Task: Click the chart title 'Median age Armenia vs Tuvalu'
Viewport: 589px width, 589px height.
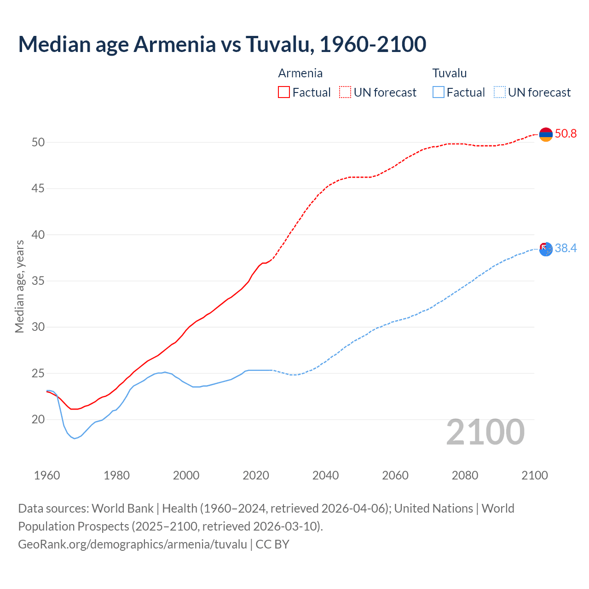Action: coord(222,44)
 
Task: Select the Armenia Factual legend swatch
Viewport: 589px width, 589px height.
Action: coord(284,92)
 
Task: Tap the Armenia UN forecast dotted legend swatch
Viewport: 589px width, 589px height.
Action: coord(345,92)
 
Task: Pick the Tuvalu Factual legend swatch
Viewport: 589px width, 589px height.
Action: coord(439,92)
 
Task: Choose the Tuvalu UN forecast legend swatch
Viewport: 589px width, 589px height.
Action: coord(500,92)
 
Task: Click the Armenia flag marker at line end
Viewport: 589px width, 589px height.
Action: coord(546,134)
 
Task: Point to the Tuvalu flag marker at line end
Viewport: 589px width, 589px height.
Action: coord(546,249)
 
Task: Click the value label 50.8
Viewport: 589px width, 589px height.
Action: coord(566,134)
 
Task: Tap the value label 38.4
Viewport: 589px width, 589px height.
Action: coord(566,248)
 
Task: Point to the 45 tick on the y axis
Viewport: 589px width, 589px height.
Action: coord(38,189)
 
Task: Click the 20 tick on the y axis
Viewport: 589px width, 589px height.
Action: coord(38,420)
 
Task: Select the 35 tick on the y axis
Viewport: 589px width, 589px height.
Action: coord(38,281)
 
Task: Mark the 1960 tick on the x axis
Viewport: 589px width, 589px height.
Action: coord(47,475)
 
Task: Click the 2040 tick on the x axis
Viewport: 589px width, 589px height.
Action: coord(325,475)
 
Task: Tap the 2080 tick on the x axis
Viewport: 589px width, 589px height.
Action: coord(465,475)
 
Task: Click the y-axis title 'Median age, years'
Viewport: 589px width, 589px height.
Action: coord(19,286)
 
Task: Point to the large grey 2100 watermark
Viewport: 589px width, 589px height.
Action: coord(485,432)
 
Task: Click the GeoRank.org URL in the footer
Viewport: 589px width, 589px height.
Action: coord(133,544)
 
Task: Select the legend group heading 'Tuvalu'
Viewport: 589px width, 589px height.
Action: coord(450,73)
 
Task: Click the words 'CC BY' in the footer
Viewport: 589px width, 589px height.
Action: coord(272,544)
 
